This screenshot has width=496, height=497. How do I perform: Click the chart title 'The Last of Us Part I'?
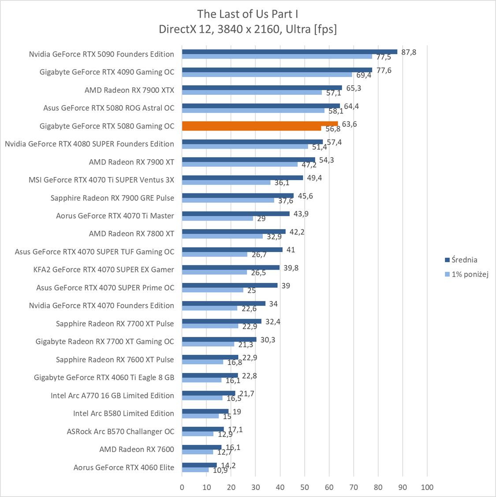(x=248, y=14)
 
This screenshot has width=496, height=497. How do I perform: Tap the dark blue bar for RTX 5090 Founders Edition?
(x=289, y=52)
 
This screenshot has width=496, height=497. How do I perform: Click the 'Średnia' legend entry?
(x=461, y=260)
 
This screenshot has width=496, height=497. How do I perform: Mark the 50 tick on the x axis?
(x=305, y=487)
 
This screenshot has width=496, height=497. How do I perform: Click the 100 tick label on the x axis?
(x=427, y=487)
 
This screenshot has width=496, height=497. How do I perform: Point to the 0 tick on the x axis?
(x=182, y=487)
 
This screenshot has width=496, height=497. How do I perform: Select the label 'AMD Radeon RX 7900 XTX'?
(x=129, y=90)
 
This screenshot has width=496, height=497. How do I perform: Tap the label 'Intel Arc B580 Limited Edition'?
(x=123, y=413)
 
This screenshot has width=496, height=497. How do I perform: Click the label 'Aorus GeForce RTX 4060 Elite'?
(x=124, y=467)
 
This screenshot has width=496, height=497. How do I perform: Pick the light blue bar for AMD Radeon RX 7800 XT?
(x=222, y=236)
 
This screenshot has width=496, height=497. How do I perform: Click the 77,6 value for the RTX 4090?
(x=384, y=70)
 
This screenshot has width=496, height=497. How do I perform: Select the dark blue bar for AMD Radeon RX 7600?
(x=201, y=447)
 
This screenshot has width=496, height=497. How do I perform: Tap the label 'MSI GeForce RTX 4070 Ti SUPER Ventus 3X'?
(x=101, y=180)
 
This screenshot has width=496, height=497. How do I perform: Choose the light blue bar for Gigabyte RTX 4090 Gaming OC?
(x=267, y=75)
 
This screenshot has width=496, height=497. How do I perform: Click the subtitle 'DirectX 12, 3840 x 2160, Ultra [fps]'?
(x=248, y=29)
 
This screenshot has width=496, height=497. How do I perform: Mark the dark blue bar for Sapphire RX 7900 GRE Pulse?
(x=238, y=196)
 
